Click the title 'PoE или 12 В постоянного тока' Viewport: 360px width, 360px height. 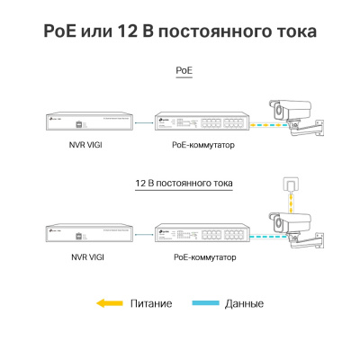180,31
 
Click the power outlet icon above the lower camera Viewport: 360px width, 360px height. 289,184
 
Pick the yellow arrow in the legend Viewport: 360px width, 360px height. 109,303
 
